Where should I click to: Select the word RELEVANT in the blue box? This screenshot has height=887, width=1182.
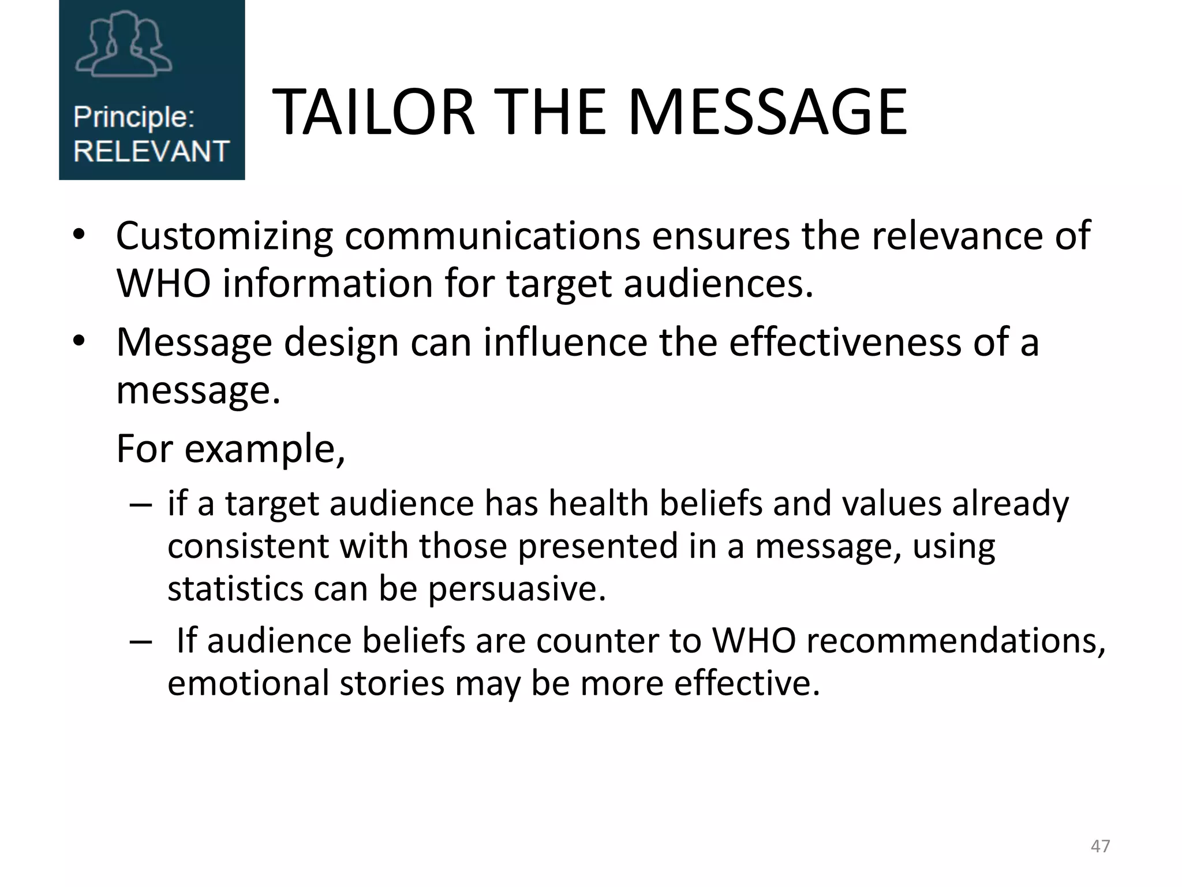(151, 151)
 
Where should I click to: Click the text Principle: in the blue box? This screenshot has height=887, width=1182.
(133, 117)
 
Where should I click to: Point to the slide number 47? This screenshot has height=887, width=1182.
(1100, 846)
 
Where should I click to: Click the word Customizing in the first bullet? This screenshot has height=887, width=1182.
(225, 236)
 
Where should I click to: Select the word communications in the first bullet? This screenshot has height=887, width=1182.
(492, 236)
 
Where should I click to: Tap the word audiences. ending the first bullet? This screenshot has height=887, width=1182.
(719, 284)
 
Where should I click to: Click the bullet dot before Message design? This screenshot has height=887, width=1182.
(79, 341)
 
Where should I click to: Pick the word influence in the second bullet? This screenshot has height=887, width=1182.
(565, 342)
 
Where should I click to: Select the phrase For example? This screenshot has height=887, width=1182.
(231, 449)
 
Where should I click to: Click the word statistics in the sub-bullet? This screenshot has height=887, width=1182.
(235, 589)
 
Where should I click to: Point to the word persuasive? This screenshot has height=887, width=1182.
(517, 589)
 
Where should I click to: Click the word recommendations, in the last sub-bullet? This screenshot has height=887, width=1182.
(956, 640)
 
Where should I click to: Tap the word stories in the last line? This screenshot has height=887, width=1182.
(392, 683)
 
